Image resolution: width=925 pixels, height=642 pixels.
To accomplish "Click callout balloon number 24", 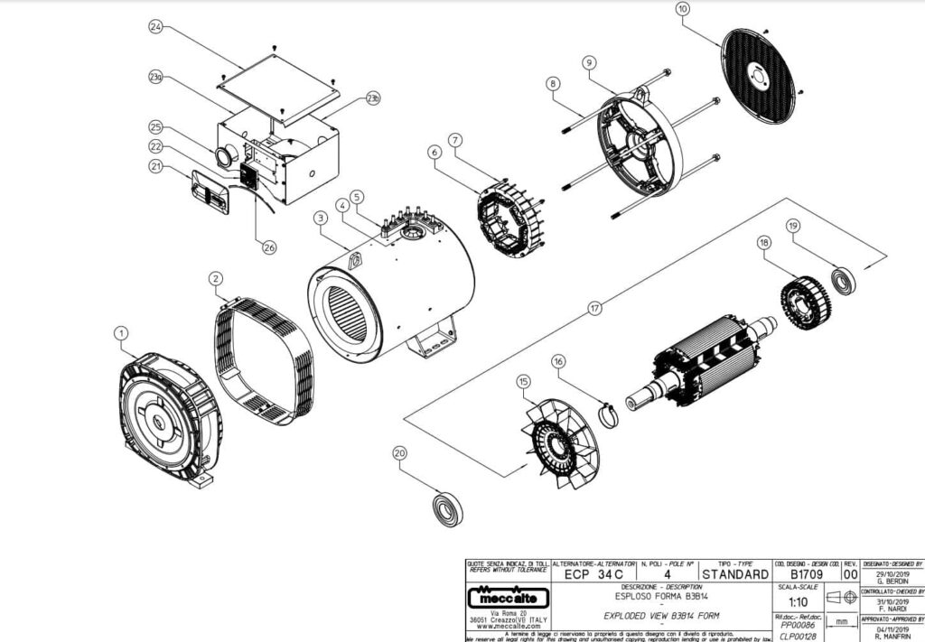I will pos(155,27).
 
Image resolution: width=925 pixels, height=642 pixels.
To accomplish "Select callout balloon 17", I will pos(594,308).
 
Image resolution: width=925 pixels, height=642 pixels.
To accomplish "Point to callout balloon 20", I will pos(400,452).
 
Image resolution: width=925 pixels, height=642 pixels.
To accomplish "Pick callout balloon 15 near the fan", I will pos(523,382).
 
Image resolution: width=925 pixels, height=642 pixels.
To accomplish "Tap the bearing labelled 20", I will pos(447,509).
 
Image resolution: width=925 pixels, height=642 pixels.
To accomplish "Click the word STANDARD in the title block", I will pos(734,573).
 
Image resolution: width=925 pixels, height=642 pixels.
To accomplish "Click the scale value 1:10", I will pos(799,601).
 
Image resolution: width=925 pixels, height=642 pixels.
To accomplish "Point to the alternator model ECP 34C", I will pos(593,573).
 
